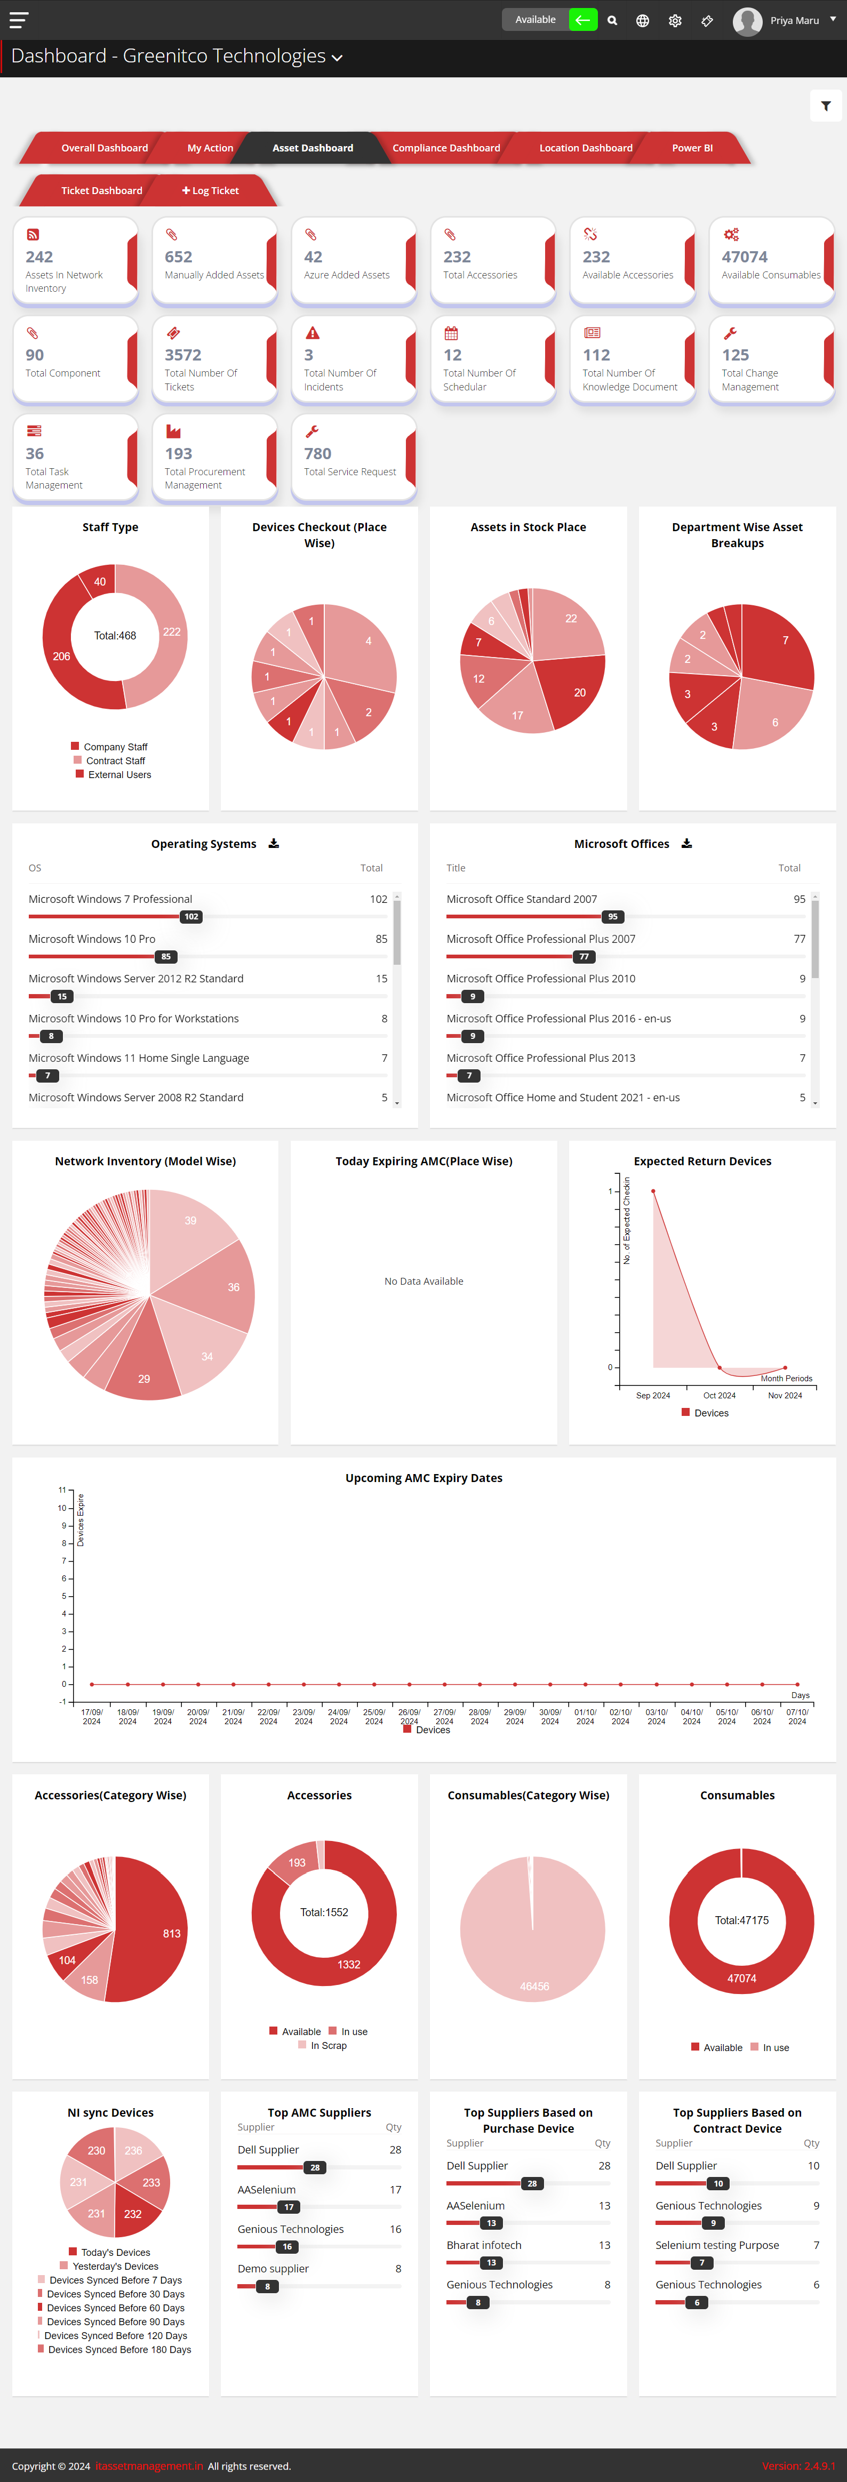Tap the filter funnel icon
coord(826,106)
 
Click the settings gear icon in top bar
coord(675,20)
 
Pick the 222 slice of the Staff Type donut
coord(166,636)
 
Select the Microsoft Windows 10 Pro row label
coord(92,939)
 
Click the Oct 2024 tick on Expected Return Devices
coord(719,1395)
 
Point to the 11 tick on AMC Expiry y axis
coord(62,1490)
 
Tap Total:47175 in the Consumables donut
coord(741,1920)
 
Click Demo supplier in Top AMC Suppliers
coord(273,2269)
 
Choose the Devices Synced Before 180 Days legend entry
coord(118,2349)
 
